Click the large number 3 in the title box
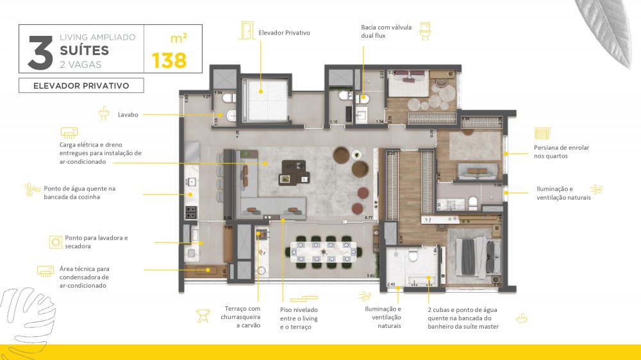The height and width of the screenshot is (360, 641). pos(40,52)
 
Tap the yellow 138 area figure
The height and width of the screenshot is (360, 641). pos(169,61)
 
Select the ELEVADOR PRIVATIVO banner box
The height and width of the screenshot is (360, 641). pos(81,85)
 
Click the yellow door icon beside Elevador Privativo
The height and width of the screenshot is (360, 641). pos(246,30)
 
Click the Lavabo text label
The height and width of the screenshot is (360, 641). pos(128,115)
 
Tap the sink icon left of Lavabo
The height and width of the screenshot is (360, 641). pos(104,115)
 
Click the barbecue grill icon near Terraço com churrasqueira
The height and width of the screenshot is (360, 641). pos(203,315)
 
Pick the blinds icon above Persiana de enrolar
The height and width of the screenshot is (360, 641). pos(542,133)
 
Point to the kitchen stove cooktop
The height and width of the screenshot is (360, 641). pos(190,211)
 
